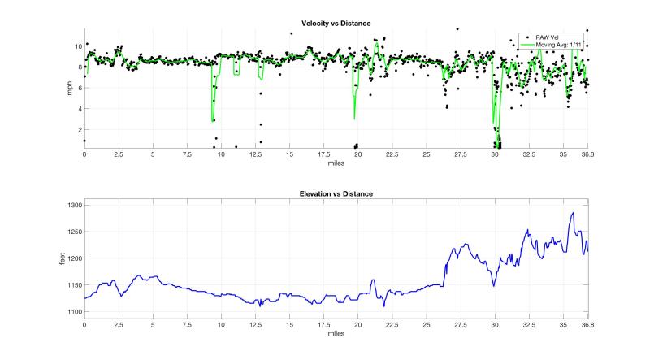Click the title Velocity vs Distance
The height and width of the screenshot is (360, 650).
click(336, 24)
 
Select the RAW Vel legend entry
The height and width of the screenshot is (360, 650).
click(549, 37)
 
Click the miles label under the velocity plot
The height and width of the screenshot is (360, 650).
click(336, 163)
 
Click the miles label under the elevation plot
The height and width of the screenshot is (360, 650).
click(336, 333)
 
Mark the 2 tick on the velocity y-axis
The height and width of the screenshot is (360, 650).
click(78, 130)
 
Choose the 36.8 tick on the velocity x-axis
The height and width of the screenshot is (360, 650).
click(587, 154)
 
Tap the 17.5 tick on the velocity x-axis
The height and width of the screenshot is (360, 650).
click(323, 154)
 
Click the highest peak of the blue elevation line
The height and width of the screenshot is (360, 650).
click(573, 213)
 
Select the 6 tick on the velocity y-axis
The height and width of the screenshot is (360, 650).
click(78, 88)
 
